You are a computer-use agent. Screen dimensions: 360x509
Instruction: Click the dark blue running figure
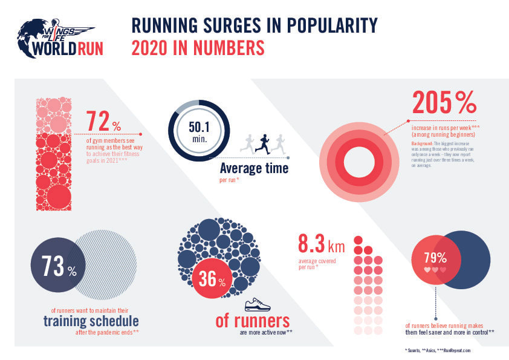click(x=262, y=143)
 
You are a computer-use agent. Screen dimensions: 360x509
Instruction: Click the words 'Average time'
click(x=253, y=168)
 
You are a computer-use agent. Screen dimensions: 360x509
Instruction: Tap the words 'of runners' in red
click(x=252, y=321)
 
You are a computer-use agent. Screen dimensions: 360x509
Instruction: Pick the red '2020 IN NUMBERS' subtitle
click(x=200, y=47)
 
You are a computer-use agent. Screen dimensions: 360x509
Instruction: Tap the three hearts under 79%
click(x=435, y=269)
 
